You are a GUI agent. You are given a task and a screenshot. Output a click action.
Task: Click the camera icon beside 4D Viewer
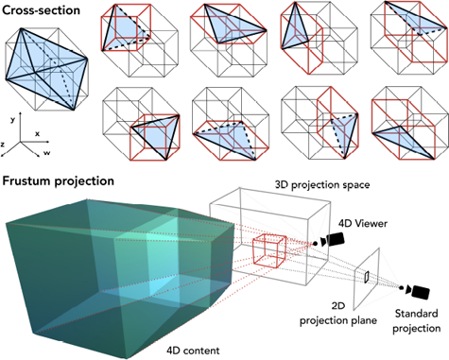[330, 243]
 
